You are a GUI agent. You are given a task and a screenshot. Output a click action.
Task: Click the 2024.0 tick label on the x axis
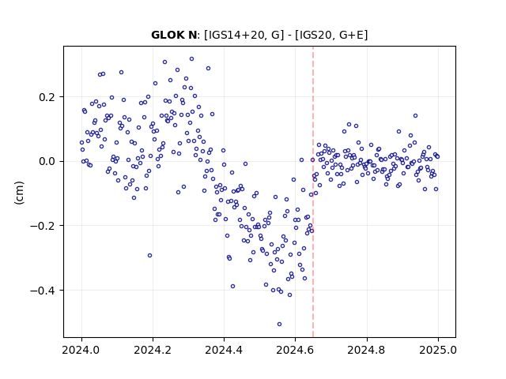tap(81, 350)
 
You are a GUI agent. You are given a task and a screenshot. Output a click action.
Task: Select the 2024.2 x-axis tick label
tap(153, 350)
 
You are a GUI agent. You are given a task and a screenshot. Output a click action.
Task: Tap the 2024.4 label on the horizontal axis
tap(224, 350)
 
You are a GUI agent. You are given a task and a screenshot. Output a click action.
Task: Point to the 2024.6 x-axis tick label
tap(295, 350)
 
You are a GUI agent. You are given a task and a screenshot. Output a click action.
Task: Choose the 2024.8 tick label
tap(366, 350)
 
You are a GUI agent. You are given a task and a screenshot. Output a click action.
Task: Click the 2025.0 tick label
tap(438, 350)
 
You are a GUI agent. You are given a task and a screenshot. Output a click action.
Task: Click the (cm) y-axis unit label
tap(19, 193)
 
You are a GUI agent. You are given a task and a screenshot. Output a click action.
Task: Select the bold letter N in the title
tap(192, 35)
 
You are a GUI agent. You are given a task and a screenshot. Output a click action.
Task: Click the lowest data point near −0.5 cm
tap(279, 324)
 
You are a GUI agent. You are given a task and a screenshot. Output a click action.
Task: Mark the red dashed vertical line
tap(313, 192)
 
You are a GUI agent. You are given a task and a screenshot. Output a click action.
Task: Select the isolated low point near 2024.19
tap(149, 256)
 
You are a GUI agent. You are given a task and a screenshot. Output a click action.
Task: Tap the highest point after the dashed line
tap(415, 116)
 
